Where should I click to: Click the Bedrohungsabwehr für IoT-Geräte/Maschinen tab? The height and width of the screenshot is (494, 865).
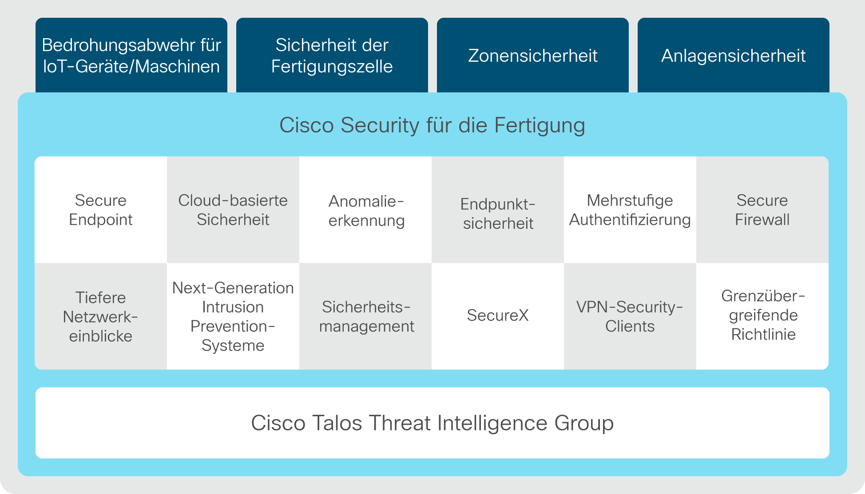click(131, 55)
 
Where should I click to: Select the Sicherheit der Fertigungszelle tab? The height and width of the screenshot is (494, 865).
click(332, 55)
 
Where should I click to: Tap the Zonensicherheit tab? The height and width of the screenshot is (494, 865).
click(533, 55)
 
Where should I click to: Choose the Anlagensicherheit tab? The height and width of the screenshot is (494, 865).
click(734, 55)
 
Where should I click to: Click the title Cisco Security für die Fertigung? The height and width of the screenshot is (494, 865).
click(432, 125)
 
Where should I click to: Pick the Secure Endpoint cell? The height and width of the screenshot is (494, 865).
click(101, 210)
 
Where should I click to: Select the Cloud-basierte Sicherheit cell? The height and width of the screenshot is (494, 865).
click(233, 210)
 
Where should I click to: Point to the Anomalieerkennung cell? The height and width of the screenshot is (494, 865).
click(365, 210)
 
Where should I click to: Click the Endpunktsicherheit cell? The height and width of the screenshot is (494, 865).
click(498, 210)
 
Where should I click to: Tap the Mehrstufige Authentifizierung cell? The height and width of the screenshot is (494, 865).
click(630, 210)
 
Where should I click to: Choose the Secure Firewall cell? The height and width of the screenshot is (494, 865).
click(762, 210)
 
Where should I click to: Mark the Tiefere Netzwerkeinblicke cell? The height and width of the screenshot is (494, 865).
click(101, 316)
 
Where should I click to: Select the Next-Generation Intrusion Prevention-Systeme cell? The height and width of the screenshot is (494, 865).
click(233, 316)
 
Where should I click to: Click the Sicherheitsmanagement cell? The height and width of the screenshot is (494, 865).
click(365, 316)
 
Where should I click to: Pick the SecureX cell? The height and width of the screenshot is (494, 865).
click(498, 316)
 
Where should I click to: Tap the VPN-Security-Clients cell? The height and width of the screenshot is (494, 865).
click(630, 316)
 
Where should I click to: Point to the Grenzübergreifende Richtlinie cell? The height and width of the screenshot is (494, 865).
click(762, 316)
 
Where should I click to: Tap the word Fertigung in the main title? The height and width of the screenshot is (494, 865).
click(540, 126)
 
